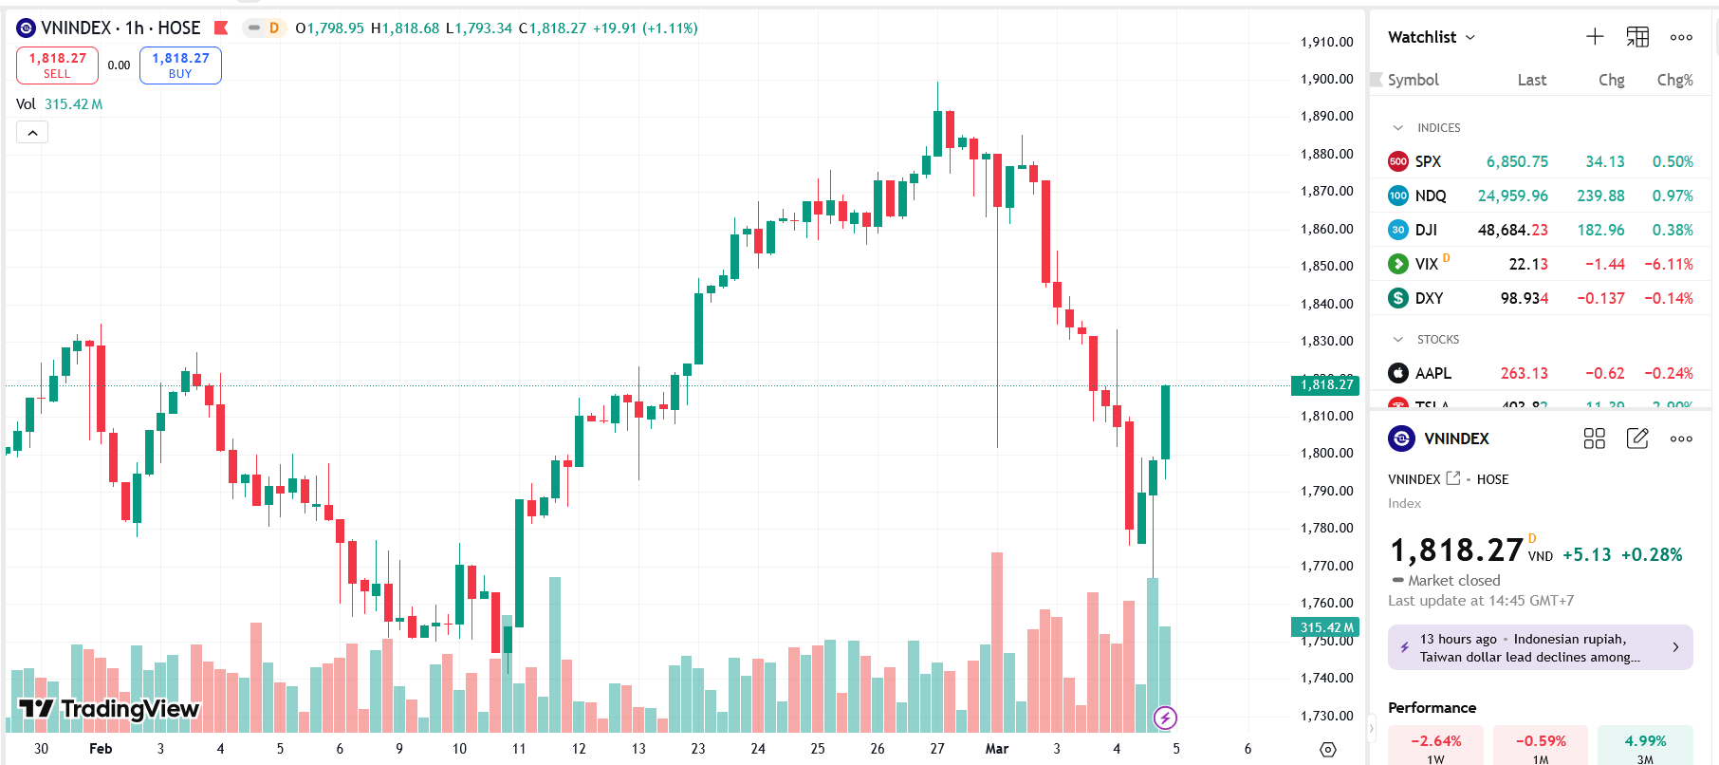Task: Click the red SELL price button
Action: (x=57, y=65)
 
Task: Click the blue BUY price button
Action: (x=180, y=65)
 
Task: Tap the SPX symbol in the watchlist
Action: (x=1428, y=161)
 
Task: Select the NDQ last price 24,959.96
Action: (x=1512, y=196)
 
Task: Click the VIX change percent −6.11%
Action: (x=1669, y=264)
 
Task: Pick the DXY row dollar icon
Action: (x=1398, y=298)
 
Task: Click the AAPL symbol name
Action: (x=1432, y=373)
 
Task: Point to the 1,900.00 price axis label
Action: (x=1326, y=79)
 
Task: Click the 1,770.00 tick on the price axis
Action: (x=1326, y=566)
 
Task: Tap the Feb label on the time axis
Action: (x=101, y=748)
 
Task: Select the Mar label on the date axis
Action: (x=996, y=748)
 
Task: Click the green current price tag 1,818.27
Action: (x=1325, y=384)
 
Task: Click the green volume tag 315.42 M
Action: (x=1325, y=627)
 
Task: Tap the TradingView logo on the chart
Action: (x=109, y=708)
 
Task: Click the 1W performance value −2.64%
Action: (x=1435, y=741)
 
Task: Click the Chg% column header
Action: (x=1674, y=80)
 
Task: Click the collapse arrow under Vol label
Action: (x=32, y=133)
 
